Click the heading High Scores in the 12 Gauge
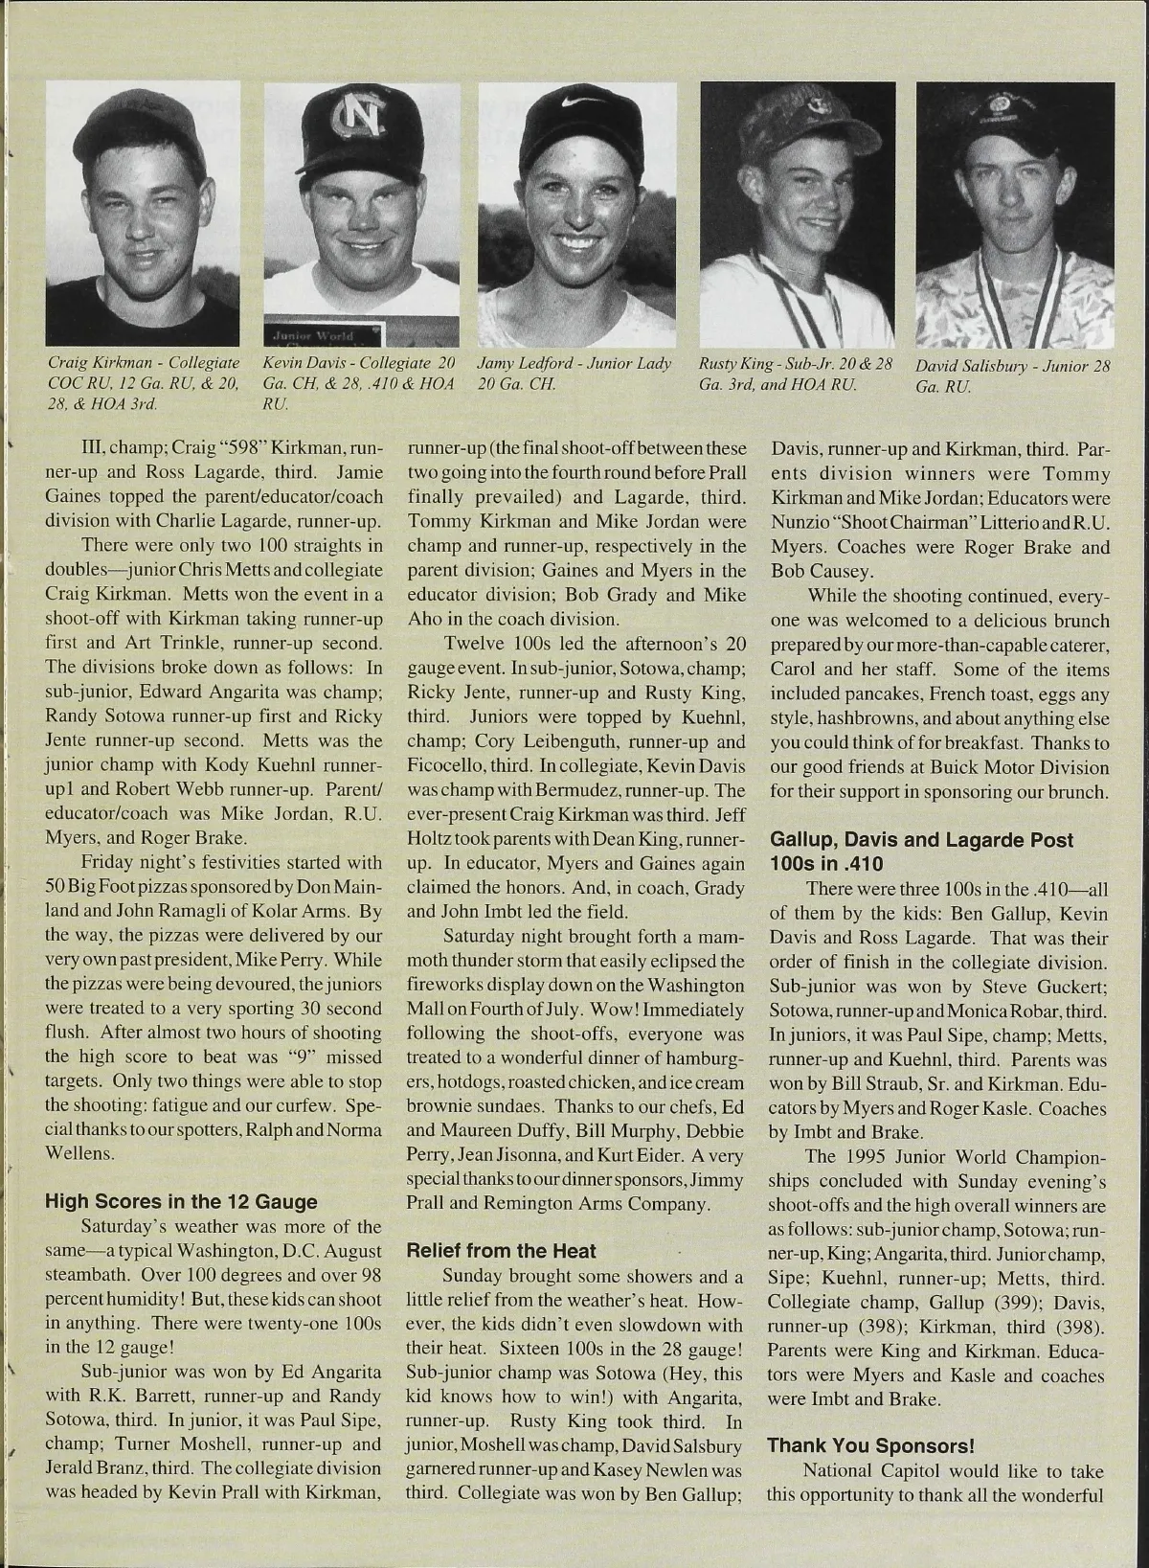point(181,1201)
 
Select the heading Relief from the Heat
point(501,1250)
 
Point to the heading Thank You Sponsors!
point(870,1445)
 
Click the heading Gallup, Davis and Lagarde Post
point(921,839)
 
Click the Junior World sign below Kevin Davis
point(323,334)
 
